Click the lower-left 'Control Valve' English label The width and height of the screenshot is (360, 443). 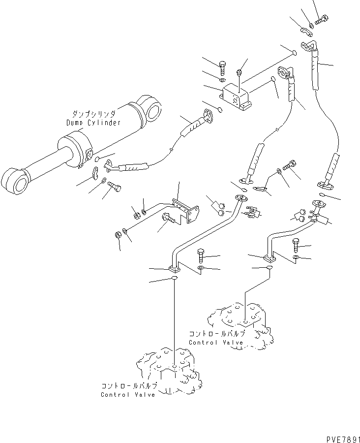point(128,394)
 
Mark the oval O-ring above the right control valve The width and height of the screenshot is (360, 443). point(270,267)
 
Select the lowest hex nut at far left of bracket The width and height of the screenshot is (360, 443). point(118,235)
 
